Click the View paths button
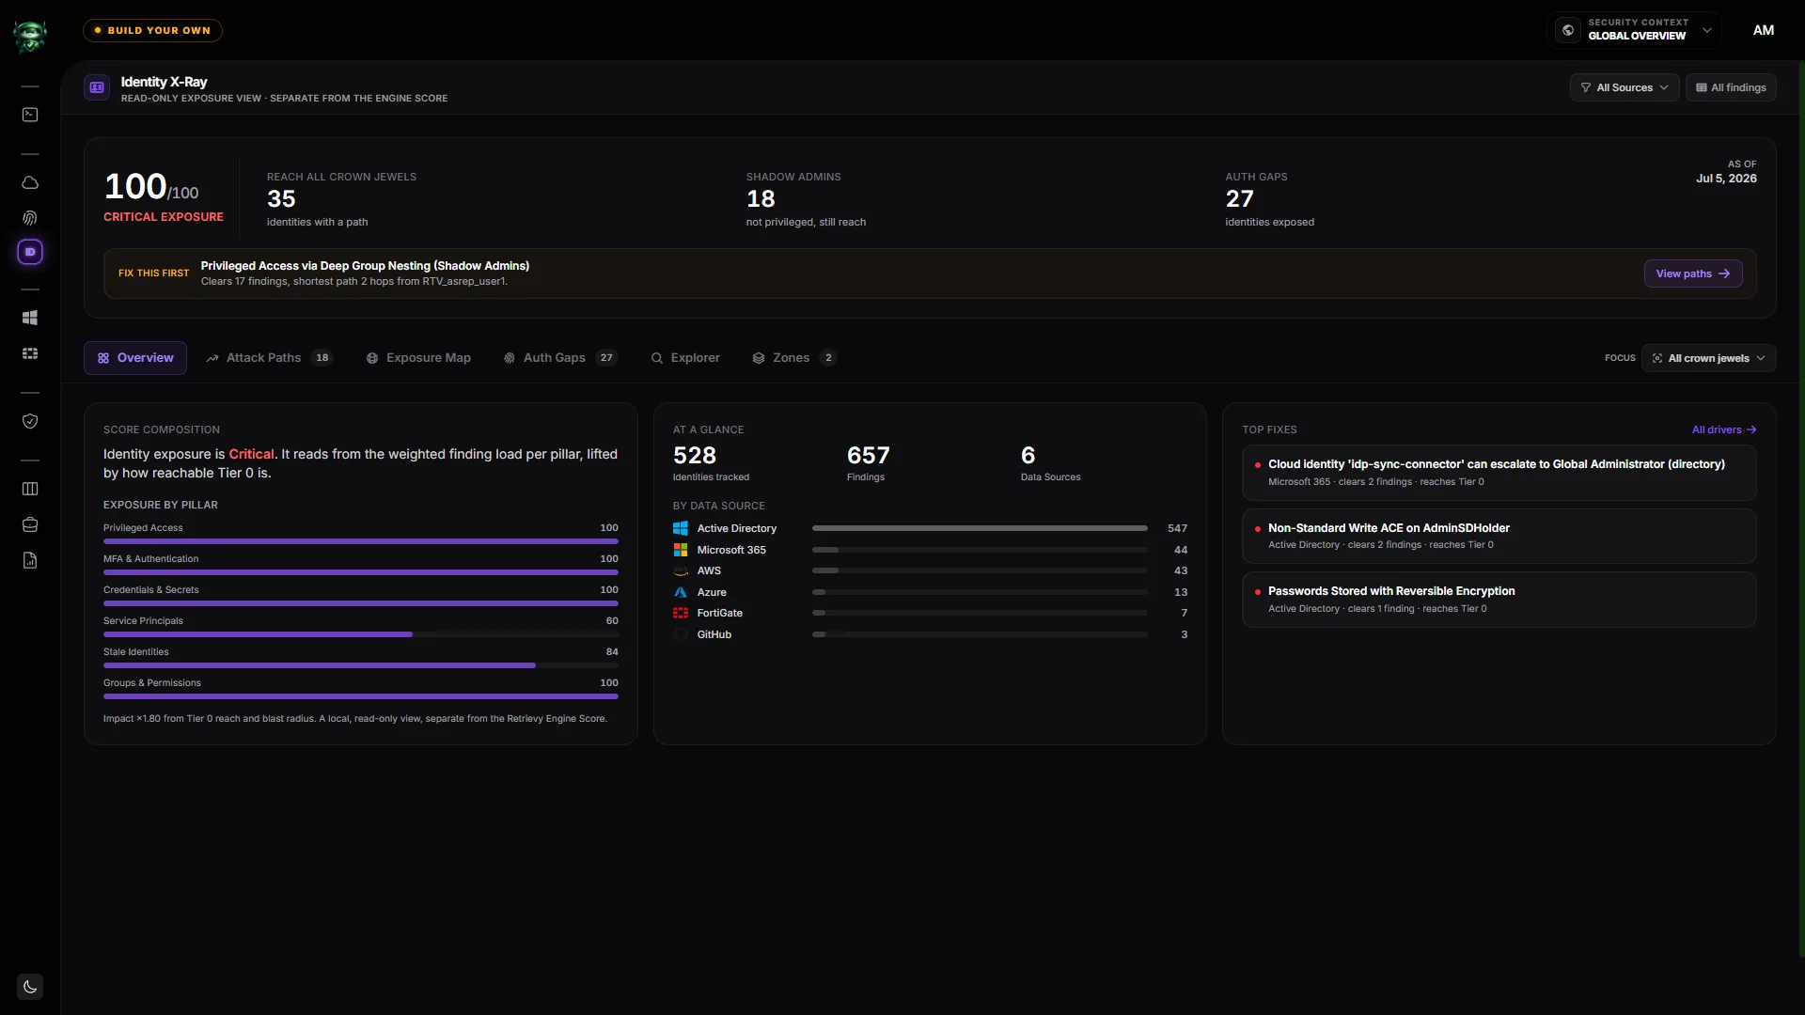1692,273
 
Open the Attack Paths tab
269,358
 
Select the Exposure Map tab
418,358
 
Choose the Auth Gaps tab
560,358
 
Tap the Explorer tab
685,358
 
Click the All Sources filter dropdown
1624,87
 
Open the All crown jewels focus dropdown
1708,358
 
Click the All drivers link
1723,429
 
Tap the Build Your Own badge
152,30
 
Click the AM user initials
1763,30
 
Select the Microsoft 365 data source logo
681,550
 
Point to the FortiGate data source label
719,613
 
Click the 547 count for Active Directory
1177,528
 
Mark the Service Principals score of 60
612,620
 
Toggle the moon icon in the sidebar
30,987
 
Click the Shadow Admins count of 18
761,199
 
